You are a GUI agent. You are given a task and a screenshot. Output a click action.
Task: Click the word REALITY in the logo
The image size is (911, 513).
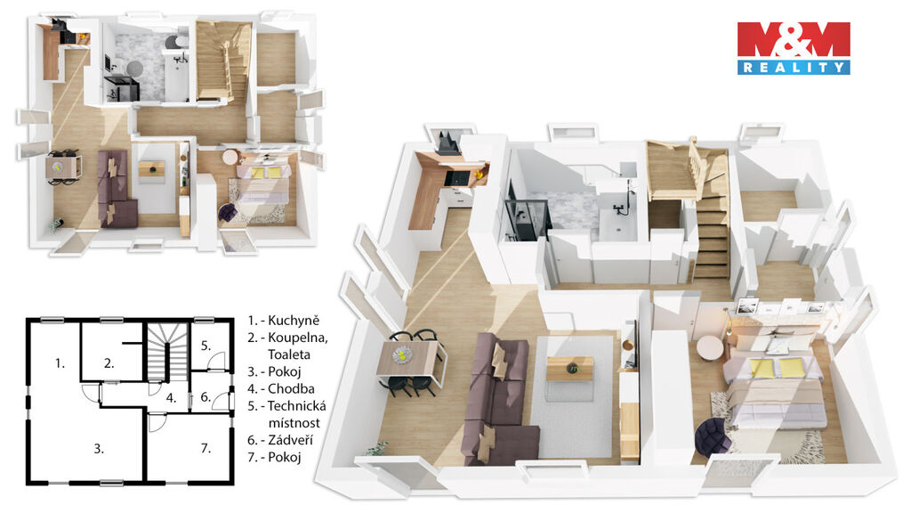[794, 68]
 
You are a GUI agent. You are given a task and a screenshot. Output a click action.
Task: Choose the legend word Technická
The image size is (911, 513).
[297, 406]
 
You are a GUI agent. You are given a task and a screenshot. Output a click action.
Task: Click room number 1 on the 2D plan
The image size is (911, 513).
[60, 363]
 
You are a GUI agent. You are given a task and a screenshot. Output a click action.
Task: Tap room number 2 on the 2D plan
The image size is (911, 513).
[109, 363]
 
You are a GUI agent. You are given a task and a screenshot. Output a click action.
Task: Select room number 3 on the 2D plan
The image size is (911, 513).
[100, 449]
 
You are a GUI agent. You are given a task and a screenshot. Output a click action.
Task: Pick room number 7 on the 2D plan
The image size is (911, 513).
[206, 449]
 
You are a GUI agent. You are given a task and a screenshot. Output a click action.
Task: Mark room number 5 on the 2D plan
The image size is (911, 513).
[206, 346]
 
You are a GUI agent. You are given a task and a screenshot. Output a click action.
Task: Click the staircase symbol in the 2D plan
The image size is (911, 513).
[166, 352]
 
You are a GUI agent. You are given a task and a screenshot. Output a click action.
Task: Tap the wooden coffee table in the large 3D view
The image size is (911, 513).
[570, 369]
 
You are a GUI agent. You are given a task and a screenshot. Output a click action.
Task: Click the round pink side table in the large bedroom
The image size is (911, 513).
[710, 348]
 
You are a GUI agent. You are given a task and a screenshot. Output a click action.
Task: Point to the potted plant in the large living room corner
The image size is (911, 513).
[377, 449]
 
